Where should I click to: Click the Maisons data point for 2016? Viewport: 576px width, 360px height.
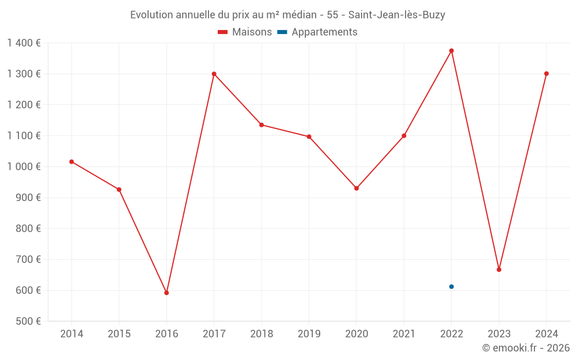click(166, 293)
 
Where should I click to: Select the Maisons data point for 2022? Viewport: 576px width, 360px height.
click(452, 51)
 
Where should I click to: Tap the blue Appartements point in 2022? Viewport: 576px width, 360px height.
click(452, 286)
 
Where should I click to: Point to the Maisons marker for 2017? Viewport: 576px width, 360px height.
click(214, 74)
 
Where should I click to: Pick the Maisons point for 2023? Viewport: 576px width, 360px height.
click(499, 270)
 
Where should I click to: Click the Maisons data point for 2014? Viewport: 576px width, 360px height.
click(71, 162)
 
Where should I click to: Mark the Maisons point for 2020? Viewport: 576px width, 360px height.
click(357, 188)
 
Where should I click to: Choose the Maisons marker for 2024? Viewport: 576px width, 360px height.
click(547, 74)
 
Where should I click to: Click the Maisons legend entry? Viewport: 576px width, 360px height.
click(245, 32)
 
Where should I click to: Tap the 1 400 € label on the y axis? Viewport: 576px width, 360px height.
click(24, 43)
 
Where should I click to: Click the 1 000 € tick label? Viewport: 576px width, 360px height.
click(24, 166)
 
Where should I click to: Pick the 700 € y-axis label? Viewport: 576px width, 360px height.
click(26, 260)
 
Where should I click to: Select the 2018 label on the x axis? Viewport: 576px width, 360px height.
click(262, 334)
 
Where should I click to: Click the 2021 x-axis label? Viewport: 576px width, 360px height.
click(404, 334)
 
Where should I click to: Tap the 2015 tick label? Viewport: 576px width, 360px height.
click(119, 334)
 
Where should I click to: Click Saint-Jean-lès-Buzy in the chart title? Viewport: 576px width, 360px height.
click(396, 15)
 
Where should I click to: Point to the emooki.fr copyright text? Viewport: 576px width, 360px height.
click(526, 348)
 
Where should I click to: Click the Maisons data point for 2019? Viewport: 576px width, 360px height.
click(309, 137)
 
